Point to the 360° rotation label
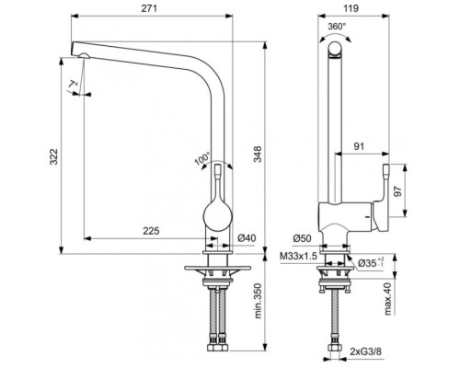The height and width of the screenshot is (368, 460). coord(337,27)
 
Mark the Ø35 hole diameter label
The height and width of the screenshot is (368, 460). coord(368,264)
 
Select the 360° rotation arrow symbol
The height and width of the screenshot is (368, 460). coord(337,40)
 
